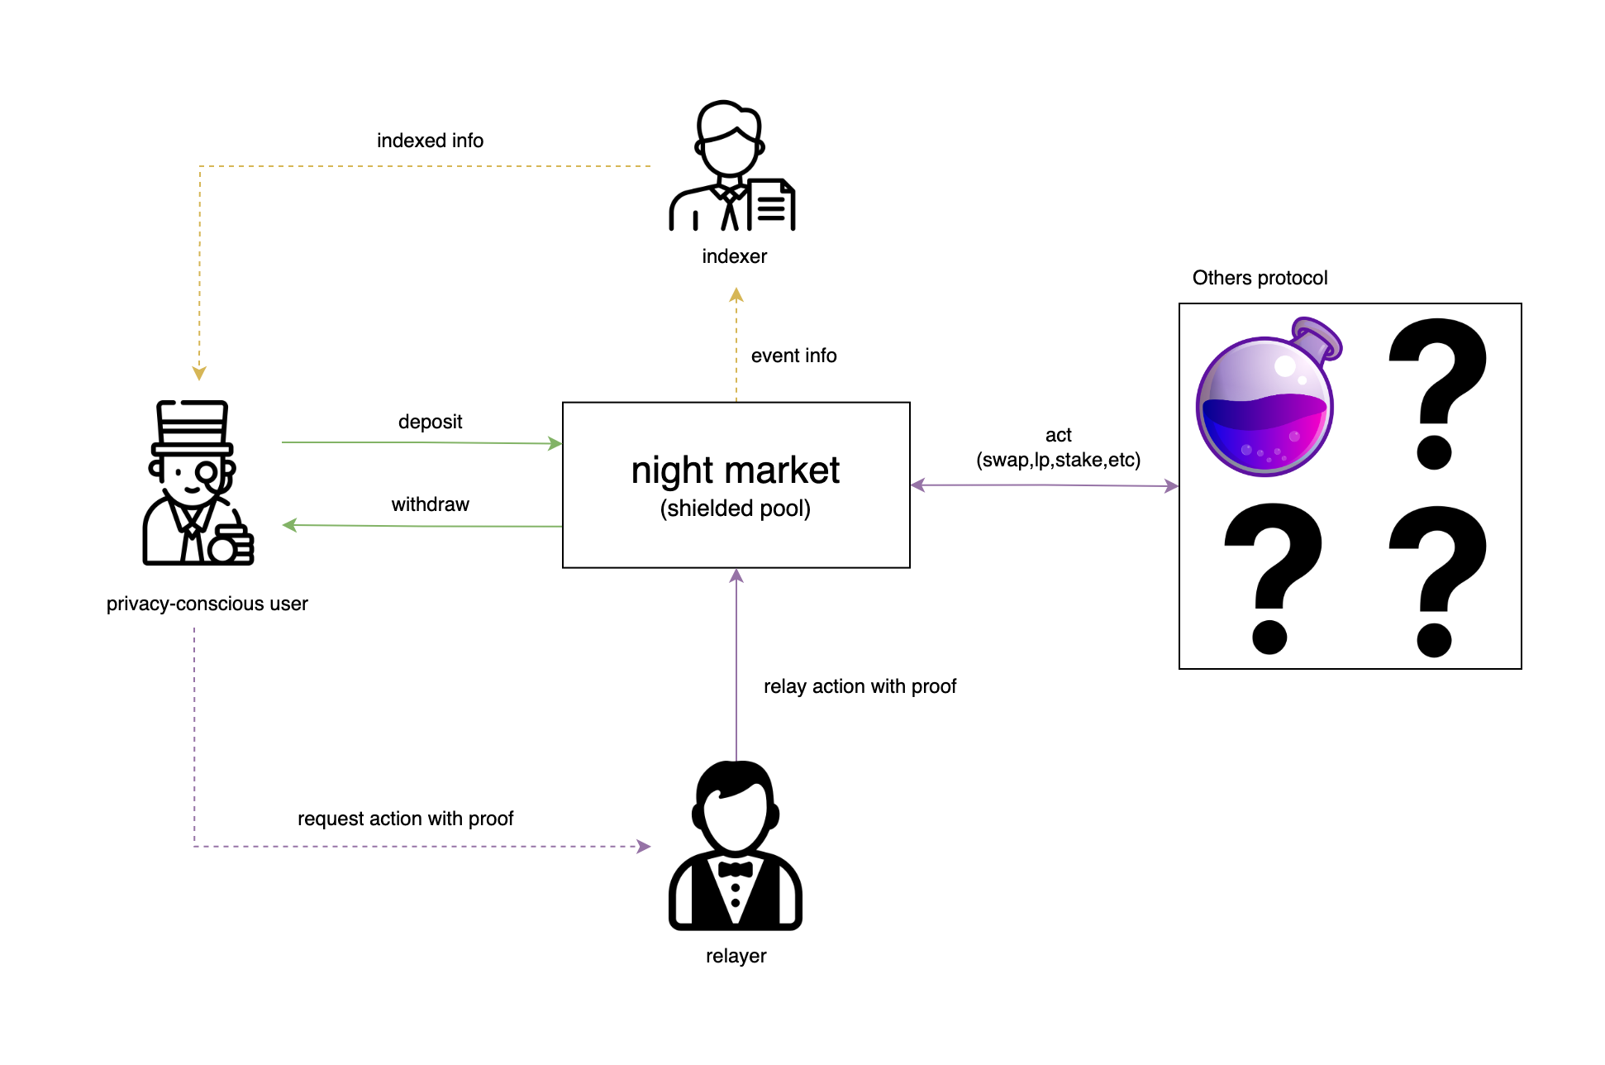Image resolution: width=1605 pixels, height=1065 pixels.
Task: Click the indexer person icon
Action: pos(731,165)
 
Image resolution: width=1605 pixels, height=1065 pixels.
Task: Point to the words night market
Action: pos(735,470)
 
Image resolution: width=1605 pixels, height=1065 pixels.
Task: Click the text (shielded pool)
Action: pos(735,509)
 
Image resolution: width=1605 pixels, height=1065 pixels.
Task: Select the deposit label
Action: pos(430,422)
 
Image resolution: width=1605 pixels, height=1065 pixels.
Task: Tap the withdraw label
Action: pos(430,504)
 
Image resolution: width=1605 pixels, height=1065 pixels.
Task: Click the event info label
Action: pos(793,356)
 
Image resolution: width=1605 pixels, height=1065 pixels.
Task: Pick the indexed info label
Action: pos(430,141)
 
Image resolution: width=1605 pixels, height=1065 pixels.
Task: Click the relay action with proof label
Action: pos(860,686)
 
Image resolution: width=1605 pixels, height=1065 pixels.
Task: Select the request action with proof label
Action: pos(405,819)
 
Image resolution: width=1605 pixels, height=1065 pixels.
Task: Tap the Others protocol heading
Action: pos(1260,278)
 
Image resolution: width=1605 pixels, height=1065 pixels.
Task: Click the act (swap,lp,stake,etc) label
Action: pos(1058,447)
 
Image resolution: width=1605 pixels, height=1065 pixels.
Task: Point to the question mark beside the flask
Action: pos(1436,393)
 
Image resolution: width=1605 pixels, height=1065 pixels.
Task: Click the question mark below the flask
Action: pos(1271,577)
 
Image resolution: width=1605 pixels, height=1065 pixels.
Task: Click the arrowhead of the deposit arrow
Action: pos(556,443)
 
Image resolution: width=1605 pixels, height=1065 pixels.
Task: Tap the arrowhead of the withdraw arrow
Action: pos(289,525)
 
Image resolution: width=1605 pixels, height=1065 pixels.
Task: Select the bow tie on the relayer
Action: pos(735,869)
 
